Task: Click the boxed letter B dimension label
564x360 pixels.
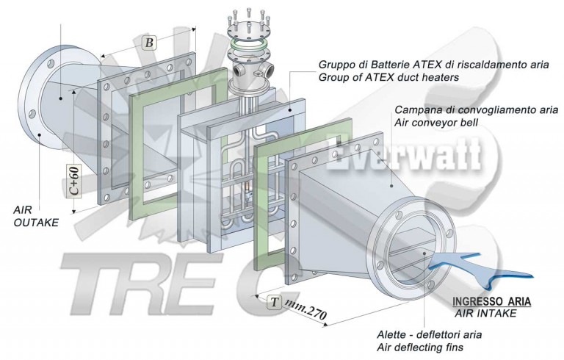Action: (x=149, y=43)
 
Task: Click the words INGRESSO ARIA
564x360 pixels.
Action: (x=491, y=301)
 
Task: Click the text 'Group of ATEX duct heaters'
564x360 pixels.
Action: (x=388, y=76)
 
